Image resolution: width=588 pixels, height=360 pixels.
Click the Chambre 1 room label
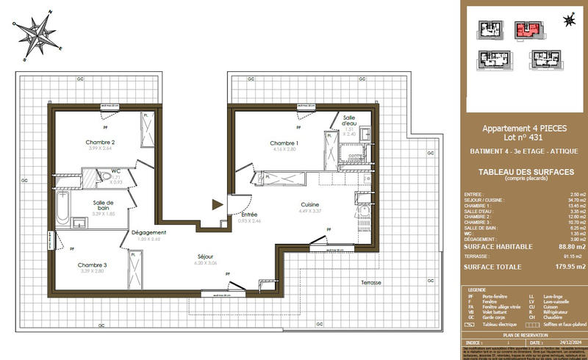tap(284, 143)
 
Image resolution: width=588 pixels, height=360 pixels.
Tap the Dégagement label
tap(149, 233)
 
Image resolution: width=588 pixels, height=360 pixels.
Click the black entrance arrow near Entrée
tap(216, 205)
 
